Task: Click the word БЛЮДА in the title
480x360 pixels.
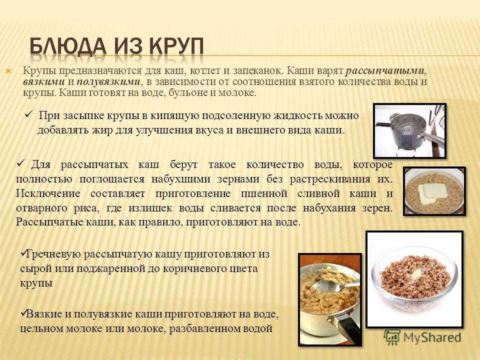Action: (x=68, y=46)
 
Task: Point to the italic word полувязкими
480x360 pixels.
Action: (x=108, y=82)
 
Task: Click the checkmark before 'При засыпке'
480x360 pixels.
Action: (x=29, y=115)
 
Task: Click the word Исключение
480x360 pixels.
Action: (x=48, y=193)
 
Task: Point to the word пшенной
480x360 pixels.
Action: (x=264, y=193)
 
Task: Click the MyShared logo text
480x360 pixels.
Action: (x=432, y=337)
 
